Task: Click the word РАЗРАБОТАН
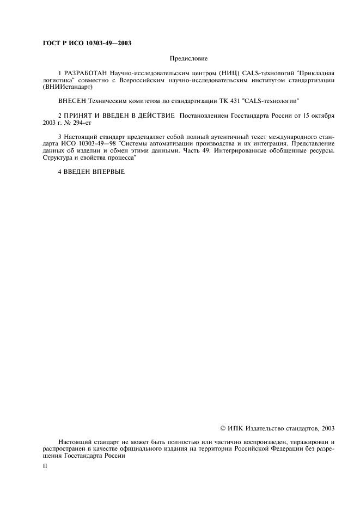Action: point(86,72)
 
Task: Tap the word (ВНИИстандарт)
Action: point(68,87)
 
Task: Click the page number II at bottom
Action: point(45,467)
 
